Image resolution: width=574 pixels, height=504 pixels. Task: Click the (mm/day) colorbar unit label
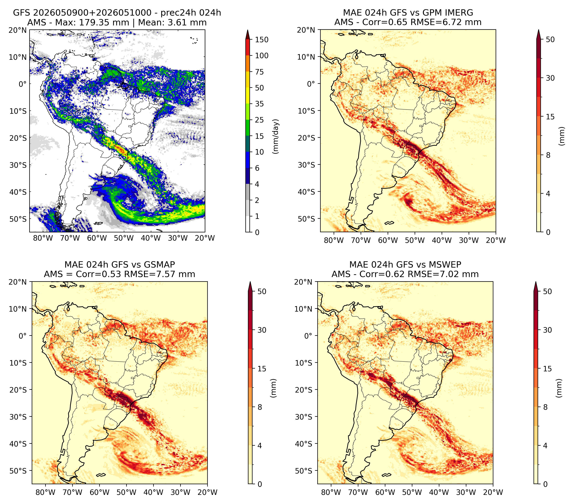[276, 136]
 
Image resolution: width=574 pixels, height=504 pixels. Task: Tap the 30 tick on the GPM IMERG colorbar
[550, 78]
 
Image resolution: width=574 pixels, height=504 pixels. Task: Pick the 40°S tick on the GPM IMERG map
[306, 192]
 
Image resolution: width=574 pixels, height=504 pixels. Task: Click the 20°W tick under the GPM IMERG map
[496, 240]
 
